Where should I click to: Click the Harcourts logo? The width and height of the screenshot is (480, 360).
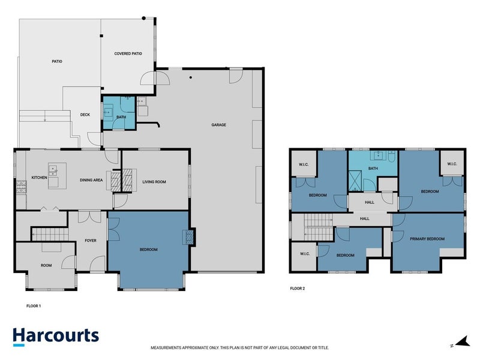56,337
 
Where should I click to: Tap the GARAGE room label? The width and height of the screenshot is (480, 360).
218,125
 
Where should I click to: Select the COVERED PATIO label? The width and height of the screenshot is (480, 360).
128,53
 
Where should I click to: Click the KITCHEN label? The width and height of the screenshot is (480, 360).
40,178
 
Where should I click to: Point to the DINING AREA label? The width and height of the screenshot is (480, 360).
91,180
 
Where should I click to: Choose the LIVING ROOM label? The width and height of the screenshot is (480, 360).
154,182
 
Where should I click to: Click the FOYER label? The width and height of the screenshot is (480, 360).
91,241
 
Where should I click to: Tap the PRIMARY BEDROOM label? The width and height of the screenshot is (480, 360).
427,239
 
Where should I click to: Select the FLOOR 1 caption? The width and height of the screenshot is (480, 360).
34,306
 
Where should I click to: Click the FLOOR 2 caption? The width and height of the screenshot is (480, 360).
298,289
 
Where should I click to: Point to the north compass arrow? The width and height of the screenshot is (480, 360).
464,341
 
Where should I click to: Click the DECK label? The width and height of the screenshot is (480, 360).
85,115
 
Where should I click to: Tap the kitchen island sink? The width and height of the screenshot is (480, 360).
53,171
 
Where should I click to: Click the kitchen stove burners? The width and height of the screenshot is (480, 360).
21,187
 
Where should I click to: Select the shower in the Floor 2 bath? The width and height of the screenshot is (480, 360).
355,181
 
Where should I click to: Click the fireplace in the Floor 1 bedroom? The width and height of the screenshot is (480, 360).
189,237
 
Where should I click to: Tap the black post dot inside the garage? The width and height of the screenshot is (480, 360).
191,77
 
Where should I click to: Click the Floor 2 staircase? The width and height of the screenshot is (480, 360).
319,227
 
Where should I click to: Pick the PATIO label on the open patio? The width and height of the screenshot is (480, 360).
57,62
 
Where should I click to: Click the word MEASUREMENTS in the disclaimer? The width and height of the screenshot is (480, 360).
166,348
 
